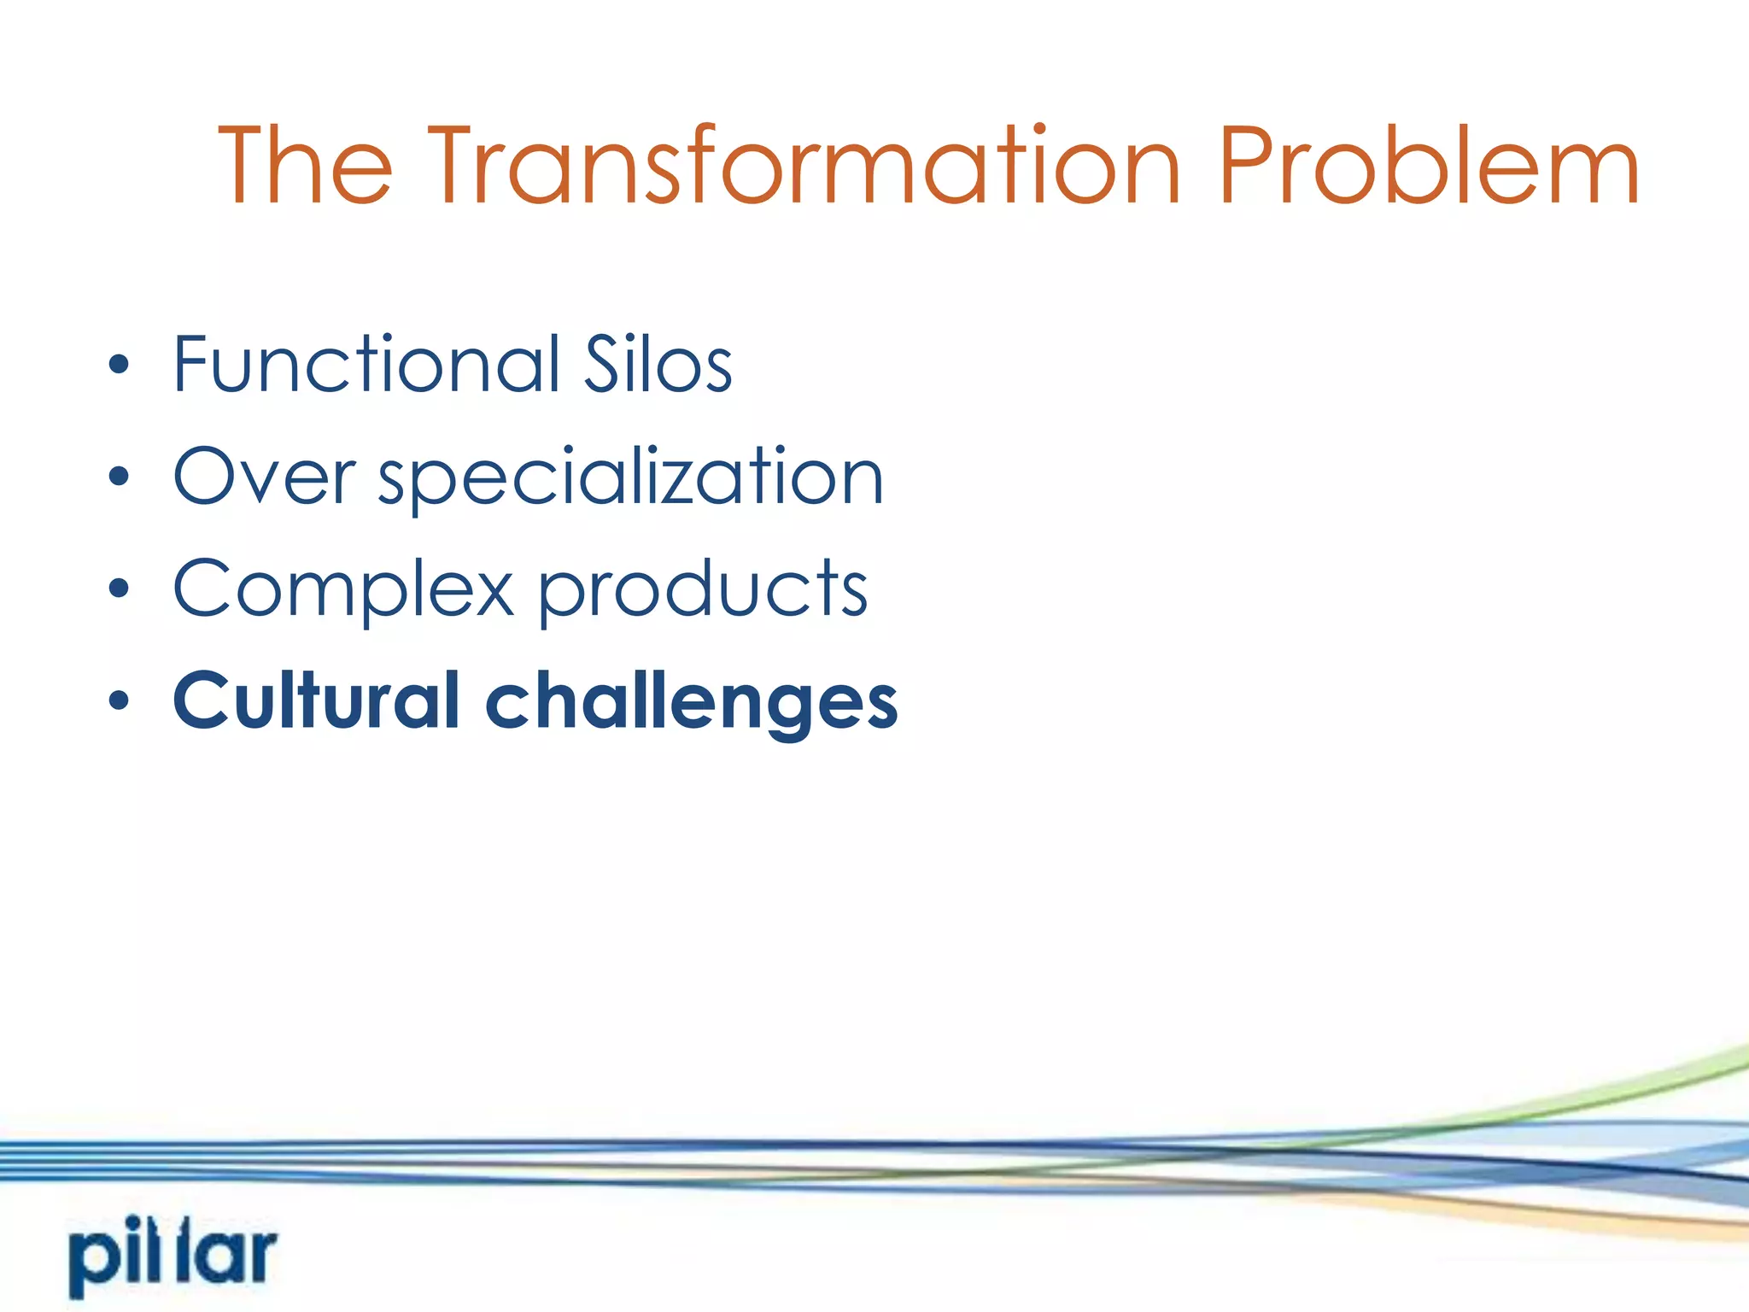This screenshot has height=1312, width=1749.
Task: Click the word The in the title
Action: click(305, 166)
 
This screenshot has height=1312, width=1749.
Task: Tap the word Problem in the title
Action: click(1429, 166)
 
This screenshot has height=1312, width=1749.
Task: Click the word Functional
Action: click(366, 365)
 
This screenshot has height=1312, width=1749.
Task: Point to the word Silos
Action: click(657, 365)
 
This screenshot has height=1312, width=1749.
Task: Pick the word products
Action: click(703, 589)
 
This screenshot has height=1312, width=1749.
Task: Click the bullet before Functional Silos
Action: click(119, 365)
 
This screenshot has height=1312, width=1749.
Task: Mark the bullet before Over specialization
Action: click(119, 477)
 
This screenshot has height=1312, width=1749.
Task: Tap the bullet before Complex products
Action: click(119, 589)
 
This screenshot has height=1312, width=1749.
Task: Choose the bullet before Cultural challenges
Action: click(119, 700)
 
